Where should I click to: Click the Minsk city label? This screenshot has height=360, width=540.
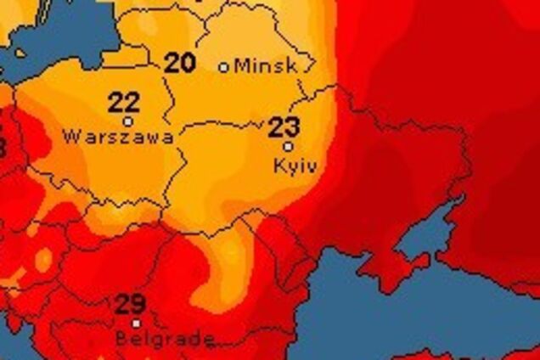click(266, 65)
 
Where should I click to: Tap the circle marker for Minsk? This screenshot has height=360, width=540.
click(224, 67)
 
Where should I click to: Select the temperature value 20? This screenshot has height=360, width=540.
click(179, 62)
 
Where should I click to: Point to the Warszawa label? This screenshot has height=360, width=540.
click(119, 136)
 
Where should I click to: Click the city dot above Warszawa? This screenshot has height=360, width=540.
click(128, 121)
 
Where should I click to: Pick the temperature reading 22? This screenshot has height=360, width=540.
click(124, 104)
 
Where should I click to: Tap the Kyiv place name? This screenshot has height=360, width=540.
click(295, 166)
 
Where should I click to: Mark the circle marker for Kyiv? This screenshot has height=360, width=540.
click(288, 146)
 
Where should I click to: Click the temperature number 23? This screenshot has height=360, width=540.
click(284, 128)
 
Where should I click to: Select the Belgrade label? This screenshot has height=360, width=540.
click(164, 339)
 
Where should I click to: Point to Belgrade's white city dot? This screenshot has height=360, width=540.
click(136, 323)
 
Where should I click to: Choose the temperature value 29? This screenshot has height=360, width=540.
click(130, 304)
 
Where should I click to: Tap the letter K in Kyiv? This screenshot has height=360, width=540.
click(280, 165)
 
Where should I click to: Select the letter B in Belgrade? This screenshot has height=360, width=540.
click(121, 339)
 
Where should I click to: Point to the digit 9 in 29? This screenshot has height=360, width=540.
click(138, 304)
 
